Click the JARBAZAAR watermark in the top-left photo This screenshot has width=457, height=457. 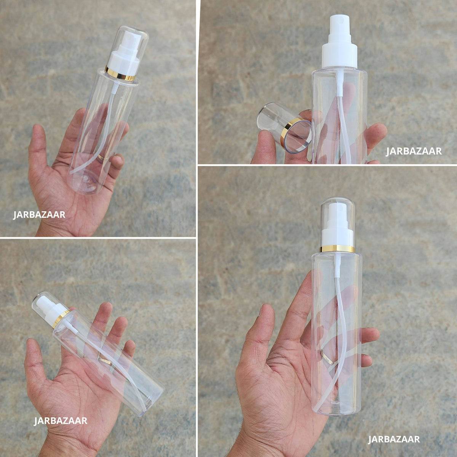tap(39, 215)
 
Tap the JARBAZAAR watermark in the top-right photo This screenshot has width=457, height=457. tap(414, 151)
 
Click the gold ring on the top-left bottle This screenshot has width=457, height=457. tap(120, 74)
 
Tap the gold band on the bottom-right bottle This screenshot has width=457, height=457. tap(337, 249)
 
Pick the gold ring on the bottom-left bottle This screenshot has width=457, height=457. tap(61, 318)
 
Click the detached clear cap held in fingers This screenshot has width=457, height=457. tap(284, 127)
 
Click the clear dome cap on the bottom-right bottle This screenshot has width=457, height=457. tap(337, 222)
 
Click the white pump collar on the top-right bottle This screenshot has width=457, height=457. tap(340, 56)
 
